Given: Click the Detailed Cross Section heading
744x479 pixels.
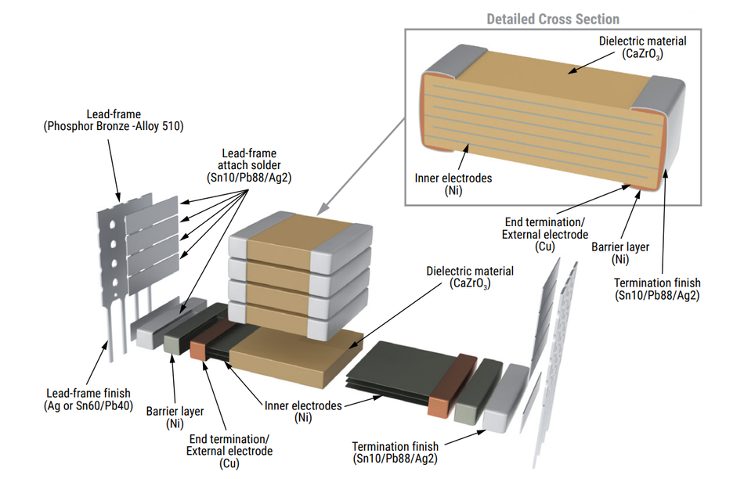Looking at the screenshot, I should pyautogui.click(x=553, y=19).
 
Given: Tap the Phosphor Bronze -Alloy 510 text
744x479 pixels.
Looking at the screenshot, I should pyautogui.click(x=114, y=126).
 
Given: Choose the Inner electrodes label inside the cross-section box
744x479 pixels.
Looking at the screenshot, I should pyautogui.click(x=453, y=184).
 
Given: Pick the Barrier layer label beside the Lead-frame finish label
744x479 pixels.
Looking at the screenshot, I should pyautogui.click(x=175, y=416).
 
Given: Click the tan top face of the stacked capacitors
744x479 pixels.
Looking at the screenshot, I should pyautogui.click(x=299, y=236).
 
